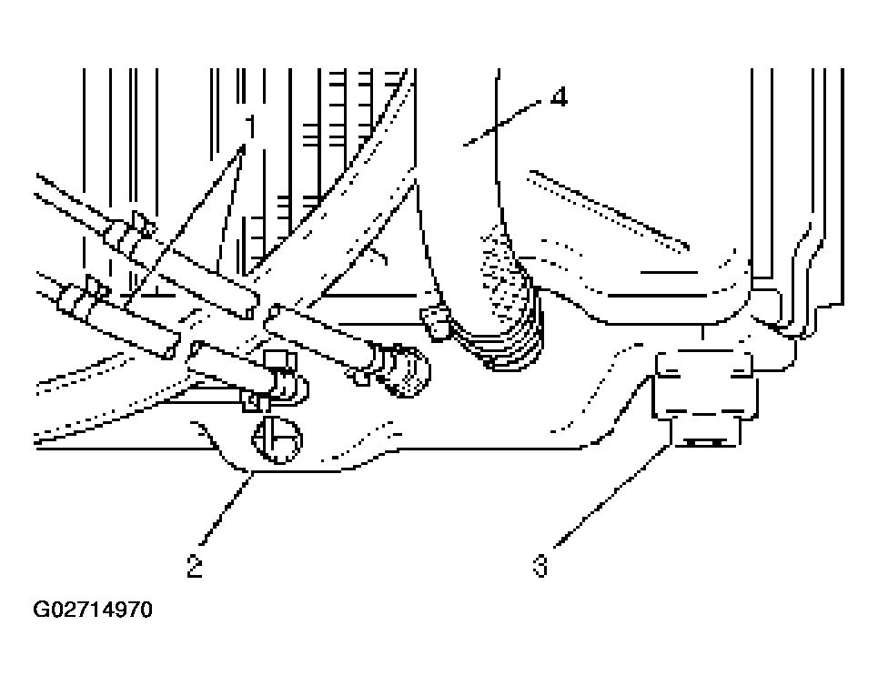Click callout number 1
(249, 126)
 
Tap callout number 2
(195, 566)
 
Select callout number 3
(540, 566)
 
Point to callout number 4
(559, 96)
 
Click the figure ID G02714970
(93, 610)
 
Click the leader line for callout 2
(227, 508)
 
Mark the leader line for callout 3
(612, 495)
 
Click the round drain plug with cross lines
(278, 439)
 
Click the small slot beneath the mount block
(704, 442)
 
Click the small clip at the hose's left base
(436, 323)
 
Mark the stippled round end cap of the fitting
(407, 372)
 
